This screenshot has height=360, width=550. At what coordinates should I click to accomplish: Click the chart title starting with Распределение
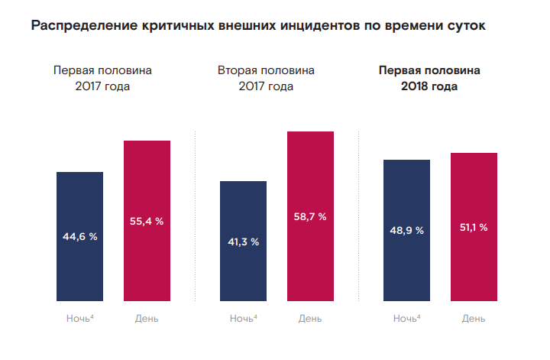pyautogui.click(x=258, y=26)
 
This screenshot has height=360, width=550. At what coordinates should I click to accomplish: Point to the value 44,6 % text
pyautogui.click(x=80, y=236)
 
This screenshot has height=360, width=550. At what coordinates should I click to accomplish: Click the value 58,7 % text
pyautogui.click(x=310, y=216)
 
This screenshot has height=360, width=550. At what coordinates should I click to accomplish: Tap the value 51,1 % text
pyautogui.click(x=474, y=227)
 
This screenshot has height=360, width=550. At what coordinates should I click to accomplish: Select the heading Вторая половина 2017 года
pyautogui.click(x=266, y=78)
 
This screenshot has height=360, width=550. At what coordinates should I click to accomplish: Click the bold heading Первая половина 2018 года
pyautogui.click(x=430, y=78)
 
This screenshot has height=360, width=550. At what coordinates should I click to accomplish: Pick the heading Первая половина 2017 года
pyautogui.click(x=102, y=78)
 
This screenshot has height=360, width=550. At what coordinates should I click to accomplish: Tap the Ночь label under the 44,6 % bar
pyautogui.click(x=79, y=318)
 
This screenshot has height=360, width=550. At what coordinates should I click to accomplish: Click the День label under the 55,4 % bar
pyautogui.click(x=147, y=318)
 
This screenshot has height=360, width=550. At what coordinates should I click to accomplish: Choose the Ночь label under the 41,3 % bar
pyautogui.click(x=242, y=318)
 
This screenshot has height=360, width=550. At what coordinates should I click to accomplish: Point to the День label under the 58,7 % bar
pyautogui.click(x=310, y=318)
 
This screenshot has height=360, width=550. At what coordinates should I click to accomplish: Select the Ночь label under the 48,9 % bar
pyautogui.click(x=406, y=318)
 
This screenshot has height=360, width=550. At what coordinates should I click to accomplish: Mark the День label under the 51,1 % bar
pyautogui.click(x=474, y=318)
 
